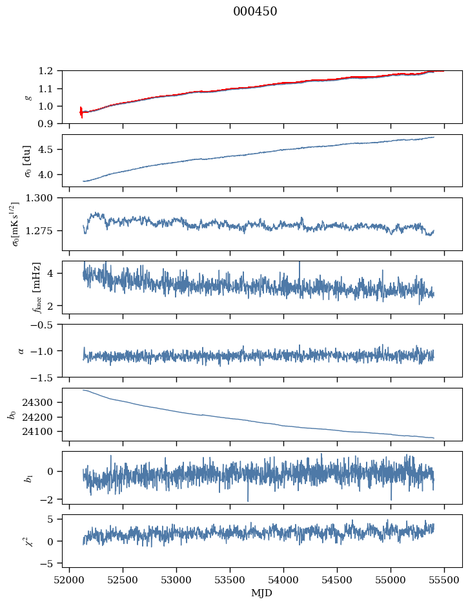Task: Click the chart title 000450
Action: tap(255, 12)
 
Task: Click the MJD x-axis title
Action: tap(262, 593)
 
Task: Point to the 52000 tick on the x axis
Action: tap(70, 580)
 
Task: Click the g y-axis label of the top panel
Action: tap(28, 97)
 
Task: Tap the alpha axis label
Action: tap(22, 350)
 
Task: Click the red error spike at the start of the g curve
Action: tap(81, 112)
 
